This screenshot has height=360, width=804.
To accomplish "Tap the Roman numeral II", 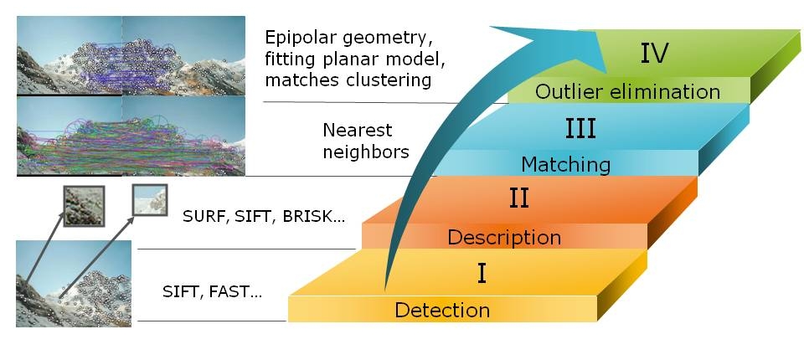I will (518, 199).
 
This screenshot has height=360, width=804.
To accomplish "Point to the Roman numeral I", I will (482, 274).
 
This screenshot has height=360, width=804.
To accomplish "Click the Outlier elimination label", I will (627, 91).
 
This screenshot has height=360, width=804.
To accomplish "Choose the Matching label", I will (565, 163).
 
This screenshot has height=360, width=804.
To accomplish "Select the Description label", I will (503, 237).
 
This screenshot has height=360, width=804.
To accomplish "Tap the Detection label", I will (442, 311).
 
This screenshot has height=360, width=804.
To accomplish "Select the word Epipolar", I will (299, 39).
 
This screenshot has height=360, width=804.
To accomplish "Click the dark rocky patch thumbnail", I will (84, 205).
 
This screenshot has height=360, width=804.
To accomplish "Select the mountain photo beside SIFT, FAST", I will (74, 283).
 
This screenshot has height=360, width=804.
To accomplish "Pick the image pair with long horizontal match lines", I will (131, 136).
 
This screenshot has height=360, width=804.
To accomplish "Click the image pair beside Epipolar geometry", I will (131, 55).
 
